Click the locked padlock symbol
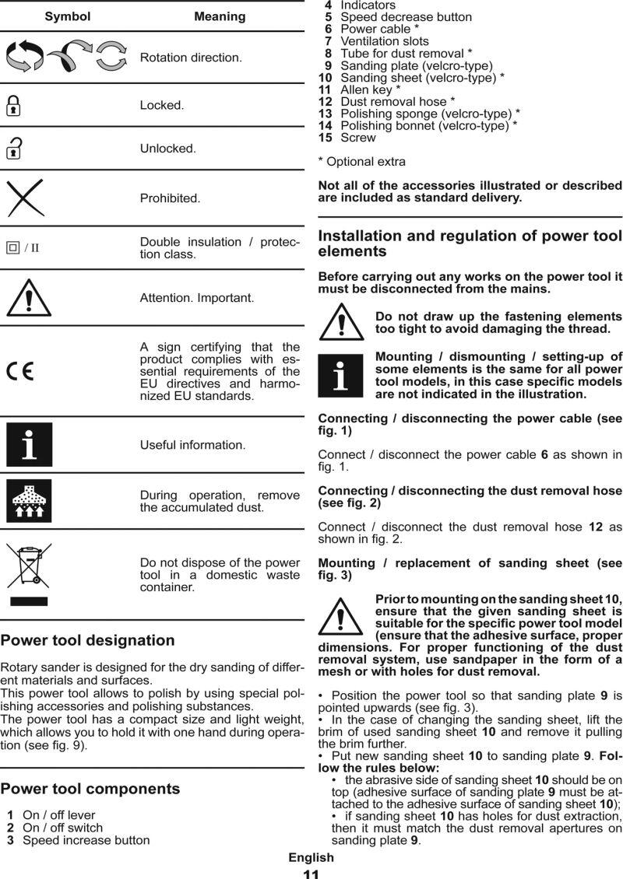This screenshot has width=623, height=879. point(13,105)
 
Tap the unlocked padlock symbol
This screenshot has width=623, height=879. point(14,148)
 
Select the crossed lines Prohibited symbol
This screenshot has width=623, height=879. point(25,198)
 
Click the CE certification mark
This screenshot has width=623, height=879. point(20,372)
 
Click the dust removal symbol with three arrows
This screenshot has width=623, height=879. point(29,501)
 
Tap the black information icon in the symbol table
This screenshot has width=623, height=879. point(29,445)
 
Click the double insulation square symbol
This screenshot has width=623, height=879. point(12,248)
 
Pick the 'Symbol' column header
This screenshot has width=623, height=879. point(67,16)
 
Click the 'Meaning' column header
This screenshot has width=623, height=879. point(220,16)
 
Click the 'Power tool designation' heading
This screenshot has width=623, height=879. point(87,640)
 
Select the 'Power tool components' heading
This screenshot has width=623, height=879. point(90,788)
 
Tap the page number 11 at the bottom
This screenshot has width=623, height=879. point(311,874)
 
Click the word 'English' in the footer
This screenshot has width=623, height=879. point(311,857)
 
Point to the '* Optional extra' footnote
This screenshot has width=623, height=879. point(362,162)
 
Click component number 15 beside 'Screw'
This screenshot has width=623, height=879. point(326,138)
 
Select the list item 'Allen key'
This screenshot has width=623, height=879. point(366,89)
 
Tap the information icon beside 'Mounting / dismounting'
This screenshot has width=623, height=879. point(340,376)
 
